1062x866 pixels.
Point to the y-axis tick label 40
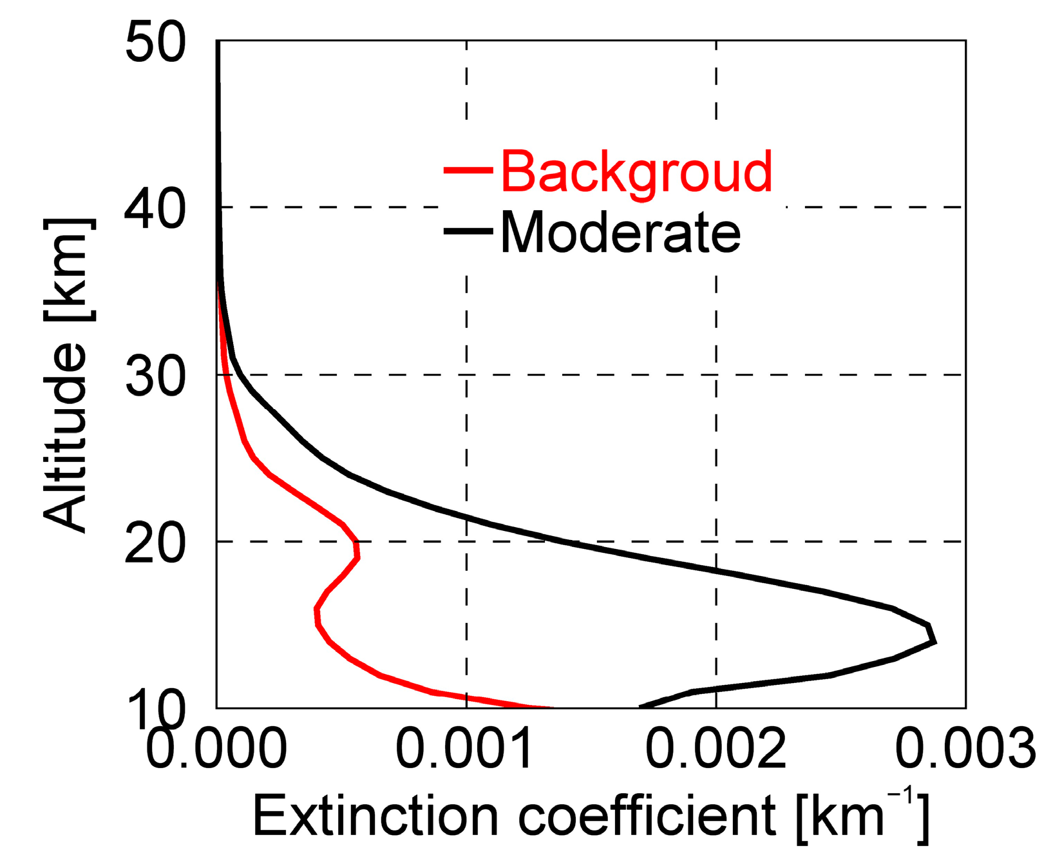pyautogui.click(x=155, y=210)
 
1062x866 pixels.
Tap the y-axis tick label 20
pyautogui.click(x=155, y=544)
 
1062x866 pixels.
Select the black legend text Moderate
pyautogui.click(x=620, y=233)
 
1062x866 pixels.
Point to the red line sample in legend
pyautogui.click(x=468, y=170)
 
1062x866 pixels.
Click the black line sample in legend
pyautogui.click(x=468, y=231)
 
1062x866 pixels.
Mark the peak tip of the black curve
pyautogui.click(x=934, y=641)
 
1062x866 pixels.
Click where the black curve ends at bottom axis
pyautogui.click(x=641, y=707)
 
